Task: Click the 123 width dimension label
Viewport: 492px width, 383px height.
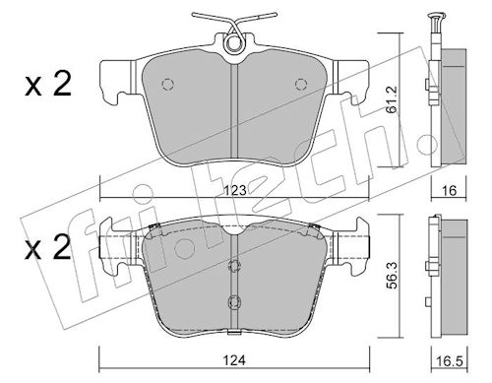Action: tap(235, 190)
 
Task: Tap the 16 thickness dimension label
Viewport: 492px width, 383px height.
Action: tap(449, 190)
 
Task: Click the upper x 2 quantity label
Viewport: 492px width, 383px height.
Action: tap(48, 85)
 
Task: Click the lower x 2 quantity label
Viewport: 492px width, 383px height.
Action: tap(48, 247)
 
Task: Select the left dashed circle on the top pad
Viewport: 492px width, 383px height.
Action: tap(167, 85)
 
